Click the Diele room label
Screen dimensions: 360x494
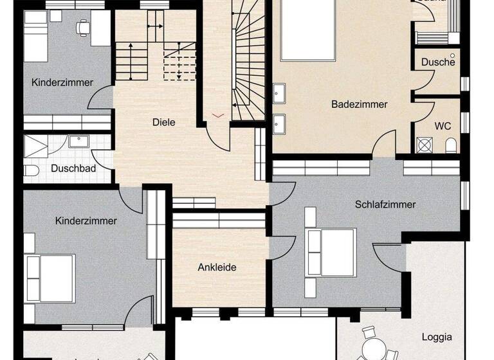(x=163, y=122)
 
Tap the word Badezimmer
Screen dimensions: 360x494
(x=360, y=104)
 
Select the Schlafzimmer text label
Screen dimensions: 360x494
(x=385, y=205)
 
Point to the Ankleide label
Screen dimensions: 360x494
(x=217, y=267)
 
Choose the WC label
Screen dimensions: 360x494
(x=442, y=125)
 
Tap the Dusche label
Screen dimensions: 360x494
(x=438, y=62)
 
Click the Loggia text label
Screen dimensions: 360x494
(x=437, y=337)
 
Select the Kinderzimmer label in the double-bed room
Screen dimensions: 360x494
(x=86, y=221)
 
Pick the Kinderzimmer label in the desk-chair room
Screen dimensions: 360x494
(x=62, y=82)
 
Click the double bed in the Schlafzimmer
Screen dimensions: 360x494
(x=331, y=251)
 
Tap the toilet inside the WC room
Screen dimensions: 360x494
(x=451, y=145)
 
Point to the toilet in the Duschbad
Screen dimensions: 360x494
(x=30, y=170)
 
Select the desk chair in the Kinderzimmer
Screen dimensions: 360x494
(x=82, y=28)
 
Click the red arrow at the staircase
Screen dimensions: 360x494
(x=219, y=115)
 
